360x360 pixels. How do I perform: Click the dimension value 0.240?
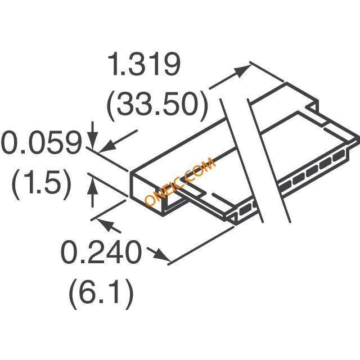tap(101, 254)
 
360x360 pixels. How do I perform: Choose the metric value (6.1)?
tap(101, 294)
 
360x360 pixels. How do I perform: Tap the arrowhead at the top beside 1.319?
tap(242, 71)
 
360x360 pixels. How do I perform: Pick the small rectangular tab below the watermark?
tap(194, 193)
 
